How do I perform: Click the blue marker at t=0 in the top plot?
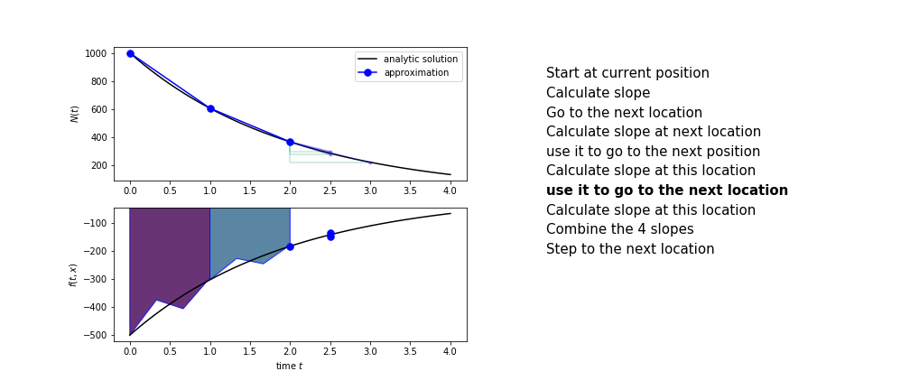point(131,54)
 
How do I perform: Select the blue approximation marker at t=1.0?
point(210,108)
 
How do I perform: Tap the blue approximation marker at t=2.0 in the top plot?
point(290,143)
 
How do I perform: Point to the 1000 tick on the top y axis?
point(96,54)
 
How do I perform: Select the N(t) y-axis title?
point(75,115)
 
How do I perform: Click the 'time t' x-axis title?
point(289,367)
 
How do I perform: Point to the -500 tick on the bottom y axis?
point(95,336)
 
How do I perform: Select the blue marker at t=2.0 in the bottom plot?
point(290,246)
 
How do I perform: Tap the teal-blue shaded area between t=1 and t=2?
point(249,232)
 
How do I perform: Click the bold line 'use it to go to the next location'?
point(667,190)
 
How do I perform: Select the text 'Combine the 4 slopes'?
point(620,229)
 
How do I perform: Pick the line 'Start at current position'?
point(627,73)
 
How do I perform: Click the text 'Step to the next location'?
point(630,249)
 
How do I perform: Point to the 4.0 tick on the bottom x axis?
point(450,352)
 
